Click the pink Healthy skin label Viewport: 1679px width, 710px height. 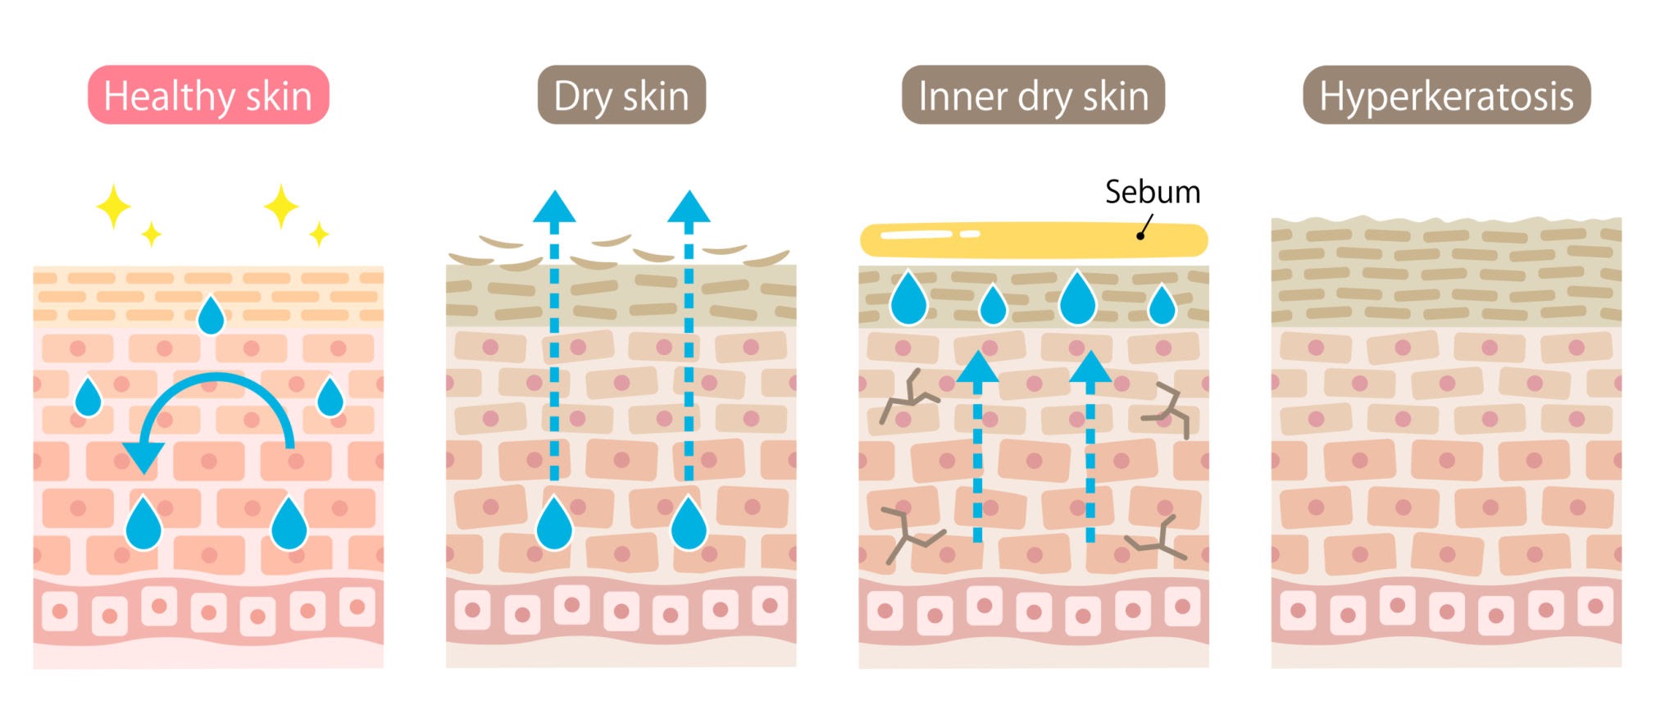click(x=208, y=95)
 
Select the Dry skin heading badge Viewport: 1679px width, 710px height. click(x=621, y=95)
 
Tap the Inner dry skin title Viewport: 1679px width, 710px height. click(x=1033, y=95)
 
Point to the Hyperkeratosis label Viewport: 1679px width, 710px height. click(x=1446, y=95)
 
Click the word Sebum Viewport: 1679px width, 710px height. click(x=1152, y=192)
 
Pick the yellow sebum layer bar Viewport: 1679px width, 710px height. click(x=1033, y=239)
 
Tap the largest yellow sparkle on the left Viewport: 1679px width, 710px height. click(x=113, y=206)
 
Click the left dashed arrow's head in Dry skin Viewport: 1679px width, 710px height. click(x=554, y=208)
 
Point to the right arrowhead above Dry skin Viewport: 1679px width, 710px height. click(x=689, y=208)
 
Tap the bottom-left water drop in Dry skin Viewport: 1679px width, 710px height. click(x=554, y=525)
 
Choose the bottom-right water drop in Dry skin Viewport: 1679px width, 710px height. click(x=689, y=525)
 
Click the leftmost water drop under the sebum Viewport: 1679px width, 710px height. click(x=908, y=299)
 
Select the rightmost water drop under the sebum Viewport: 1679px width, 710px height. click(x=1162, y=307)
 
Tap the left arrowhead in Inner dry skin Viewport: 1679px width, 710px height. click(x=977, y=368)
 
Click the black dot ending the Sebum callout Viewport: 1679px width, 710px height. click(x=1140, y=236)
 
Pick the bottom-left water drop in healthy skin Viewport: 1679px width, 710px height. click(x=143, y=525)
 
